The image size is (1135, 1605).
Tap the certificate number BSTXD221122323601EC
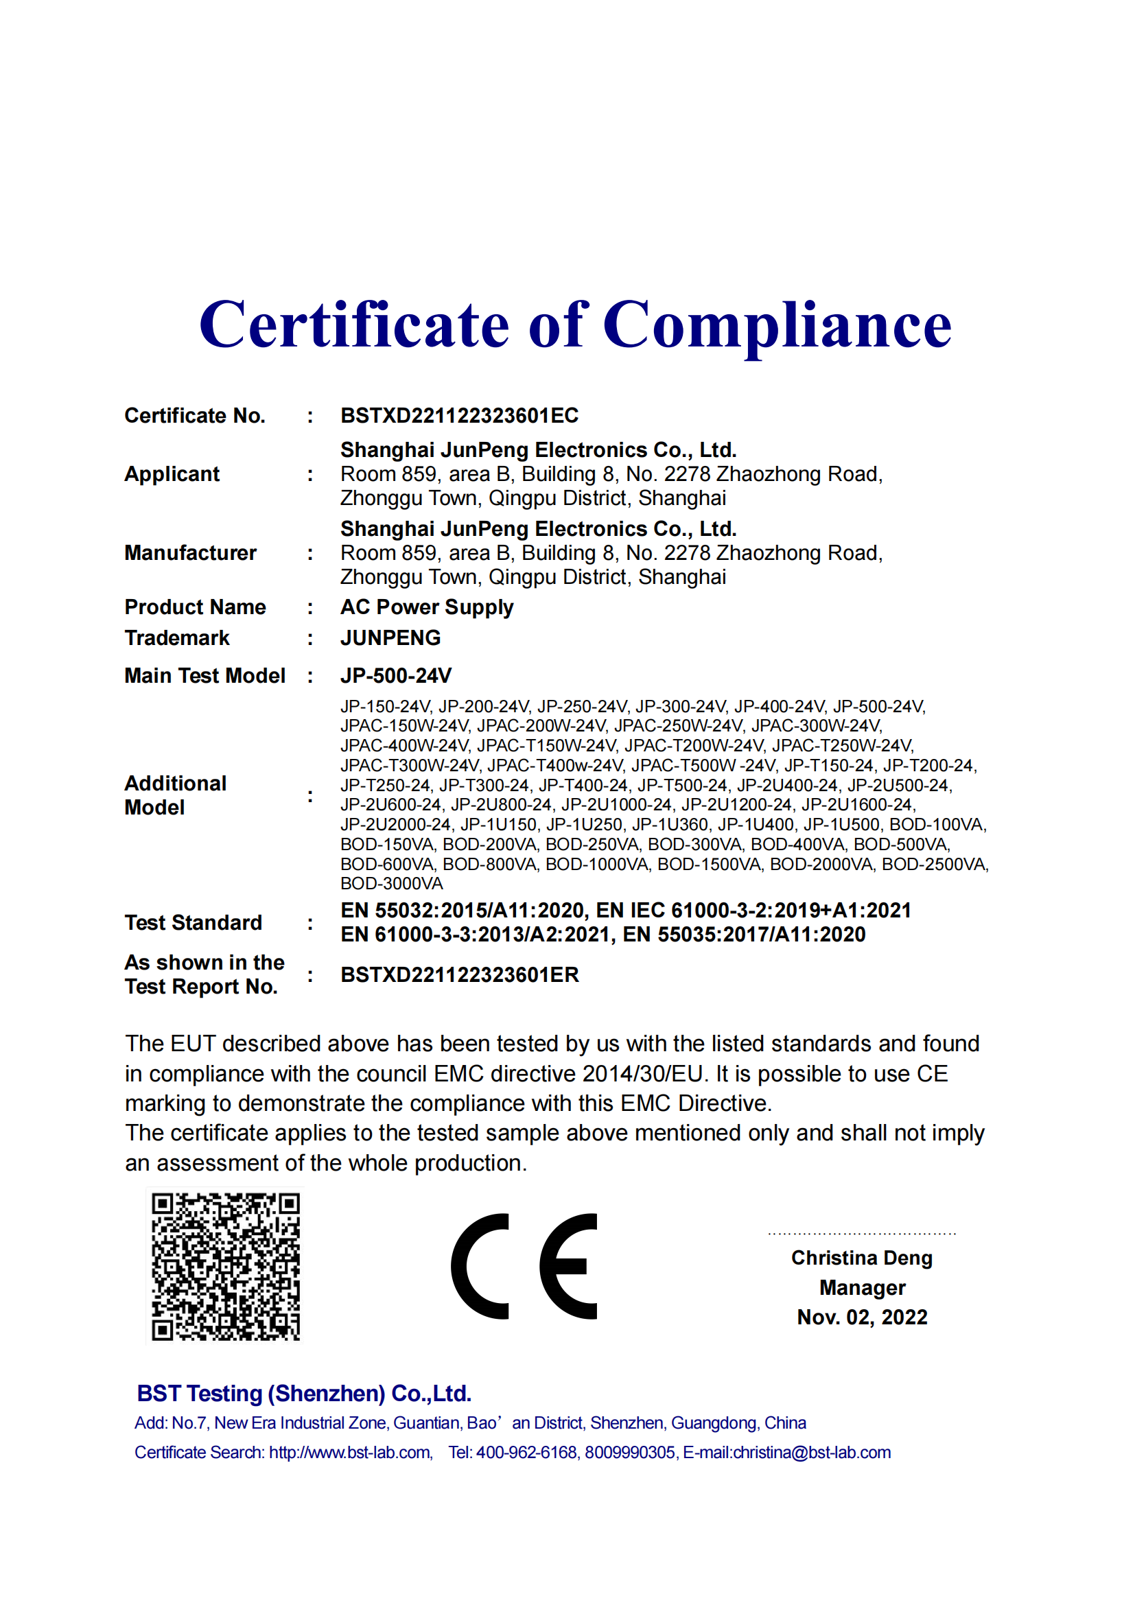click(x=459, y=416)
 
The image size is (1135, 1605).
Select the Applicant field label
click(x=172, y=474)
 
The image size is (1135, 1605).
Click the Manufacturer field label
click(x=190, y=553)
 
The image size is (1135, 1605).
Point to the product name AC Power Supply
click(x=426, y=607)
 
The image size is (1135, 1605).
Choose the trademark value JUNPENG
click(x=390, y=637)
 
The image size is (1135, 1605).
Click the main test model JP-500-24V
click(x=395, y=675)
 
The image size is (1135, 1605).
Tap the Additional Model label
click(x=176, y=795)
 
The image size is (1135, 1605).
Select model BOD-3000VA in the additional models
click(x=391, y=884)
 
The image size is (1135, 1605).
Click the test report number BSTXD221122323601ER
click(x=459, y=974)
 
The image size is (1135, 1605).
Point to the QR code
click(x=226, y=1267)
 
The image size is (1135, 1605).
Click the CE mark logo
click(x=524, y=1266)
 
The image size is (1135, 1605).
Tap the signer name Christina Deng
click(x=862, y=1258)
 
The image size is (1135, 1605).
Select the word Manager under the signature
click(x=862, y=1287)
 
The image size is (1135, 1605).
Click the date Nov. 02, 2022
click(x=862, y=1317)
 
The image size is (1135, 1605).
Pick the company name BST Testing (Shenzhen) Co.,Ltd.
click(x=304, y=1393)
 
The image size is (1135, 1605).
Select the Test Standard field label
click(x=193, y=923)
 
